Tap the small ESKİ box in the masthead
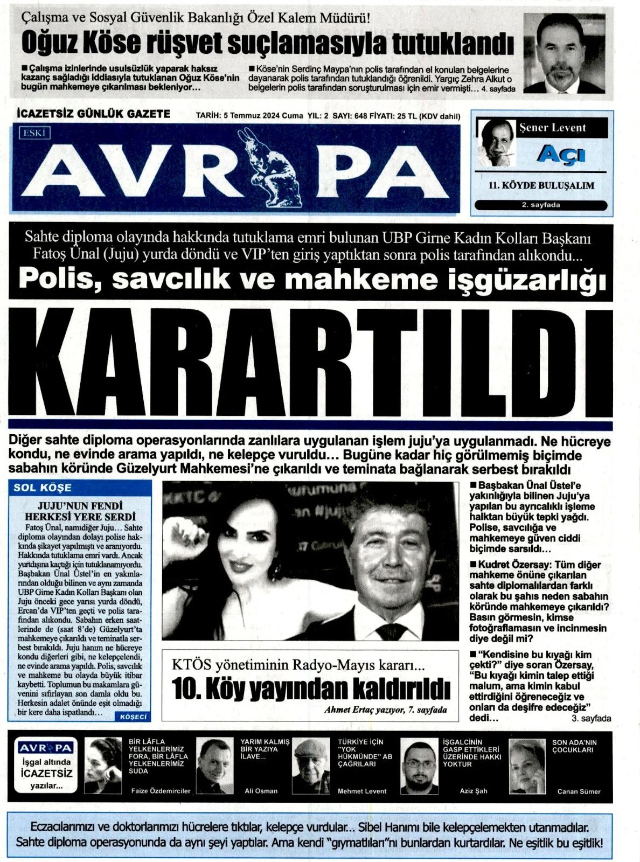(x=34, y=133)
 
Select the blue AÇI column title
(x=561, y=155)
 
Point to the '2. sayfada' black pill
(x=541, y=205)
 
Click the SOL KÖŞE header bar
(x=80, y=488)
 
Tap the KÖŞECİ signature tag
(x=133, y=717)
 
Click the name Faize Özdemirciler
(x=161, y=791)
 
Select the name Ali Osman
(x=261, y=791)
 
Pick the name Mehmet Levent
(x=362, y=791)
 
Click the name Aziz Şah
(x=473, y=791)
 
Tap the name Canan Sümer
(x=579, y=791)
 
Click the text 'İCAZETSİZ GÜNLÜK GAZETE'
(x=94, y=114)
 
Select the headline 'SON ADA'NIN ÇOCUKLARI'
(x=574, y=746)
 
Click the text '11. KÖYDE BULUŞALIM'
(x=541, y=185)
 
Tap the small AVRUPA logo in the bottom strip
(x=46, y=748)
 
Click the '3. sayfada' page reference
(x=591, y=719)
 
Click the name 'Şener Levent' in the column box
(x=552, y=128)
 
